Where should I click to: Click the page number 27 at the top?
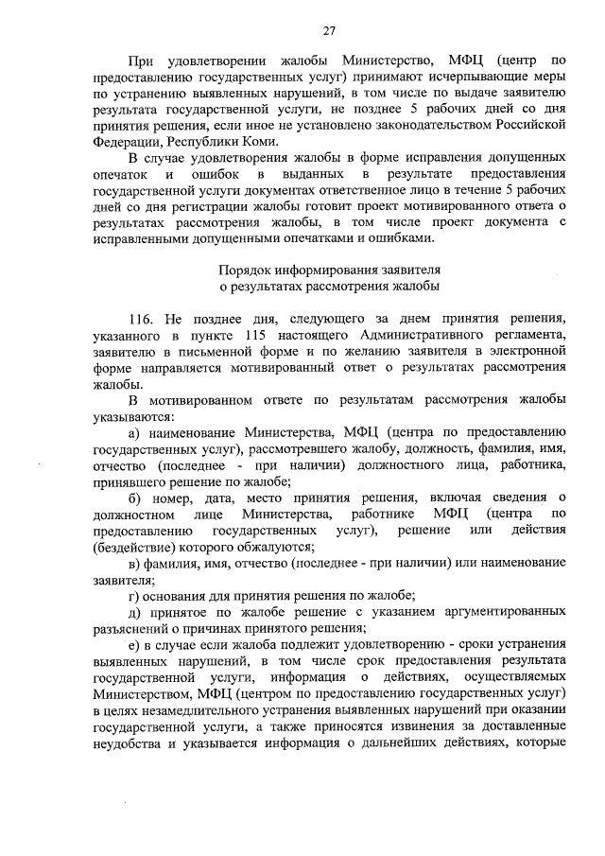tap(329, 31)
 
